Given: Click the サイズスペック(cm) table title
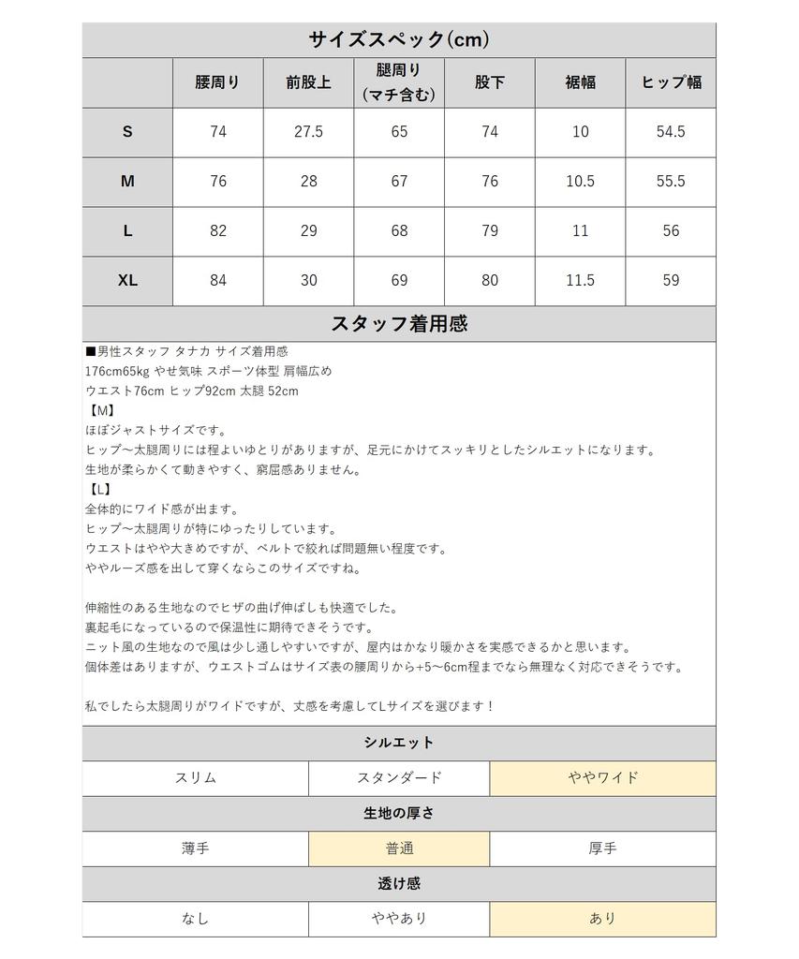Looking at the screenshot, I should click(x=399, y=39).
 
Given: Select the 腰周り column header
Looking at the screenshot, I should click(x=217, y=82).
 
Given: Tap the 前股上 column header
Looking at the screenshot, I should click(x=308, y=82).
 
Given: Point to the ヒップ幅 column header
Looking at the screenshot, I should click(x=671, y=82).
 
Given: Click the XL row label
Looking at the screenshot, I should click(x=127, y=280).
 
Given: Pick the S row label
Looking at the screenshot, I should click(x=127, y=132).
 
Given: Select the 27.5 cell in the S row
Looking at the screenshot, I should click(x=308, y=132).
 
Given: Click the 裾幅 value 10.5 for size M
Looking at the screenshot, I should click(x=580, y=182).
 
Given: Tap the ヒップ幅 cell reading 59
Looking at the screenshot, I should click(x=671, y=280).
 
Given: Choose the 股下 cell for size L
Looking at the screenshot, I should click(x=490, y=230).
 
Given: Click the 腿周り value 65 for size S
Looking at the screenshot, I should click(x=399, y=132).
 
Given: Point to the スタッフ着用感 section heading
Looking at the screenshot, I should click(x=399, y=324).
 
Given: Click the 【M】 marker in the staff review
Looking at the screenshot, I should click(x=100, y=411).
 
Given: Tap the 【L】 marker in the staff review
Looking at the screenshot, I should click(x=99, y=489).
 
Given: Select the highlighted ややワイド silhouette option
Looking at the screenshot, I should click(x=602, y=777).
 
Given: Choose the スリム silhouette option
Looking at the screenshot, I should click(x=195, y=777).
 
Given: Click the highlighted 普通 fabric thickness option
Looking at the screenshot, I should click(x=399, y=848).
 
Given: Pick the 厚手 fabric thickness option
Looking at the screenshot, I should click(x=602, y=848).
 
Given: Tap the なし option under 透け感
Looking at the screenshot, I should click(x=195, y=919).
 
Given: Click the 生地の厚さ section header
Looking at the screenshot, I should click(x=399, y=813).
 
